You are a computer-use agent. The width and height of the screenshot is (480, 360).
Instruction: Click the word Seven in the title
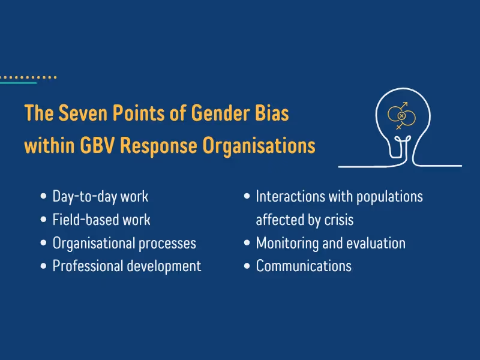[83, 113]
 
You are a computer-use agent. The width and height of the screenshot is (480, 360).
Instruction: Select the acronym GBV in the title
[97, 145]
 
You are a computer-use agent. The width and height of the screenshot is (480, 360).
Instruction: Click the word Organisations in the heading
[259, 146]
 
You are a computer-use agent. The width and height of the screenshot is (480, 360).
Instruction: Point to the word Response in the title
[158, 146]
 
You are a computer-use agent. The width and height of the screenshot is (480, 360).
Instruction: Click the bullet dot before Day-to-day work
[43, 196]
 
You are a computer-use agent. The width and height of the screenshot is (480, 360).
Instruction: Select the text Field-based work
[101, 220]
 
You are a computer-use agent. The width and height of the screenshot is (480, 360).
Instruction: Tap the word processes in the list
[167, 244]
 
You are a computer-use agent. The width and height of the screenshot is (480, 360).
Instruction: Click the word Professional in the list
[88, 266]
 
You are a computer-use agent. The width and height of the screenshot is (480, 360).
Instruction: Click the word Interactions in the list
[290, 196]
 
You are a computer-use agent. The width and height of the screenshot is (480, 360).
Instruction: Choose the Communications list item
[304, 266]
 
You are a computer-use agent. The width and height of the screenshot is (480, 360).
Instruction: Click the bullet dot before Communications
[247, 266]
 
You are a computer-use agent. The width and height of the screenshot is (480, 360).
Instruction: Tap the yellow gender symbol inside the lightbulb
[401, 116]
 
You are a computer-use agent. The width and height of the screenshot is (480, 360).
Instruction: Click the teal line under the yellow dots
[19, 83]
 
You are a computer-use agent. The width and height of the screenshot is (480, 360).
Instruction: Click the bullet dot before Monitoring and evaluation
[247, 243]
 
